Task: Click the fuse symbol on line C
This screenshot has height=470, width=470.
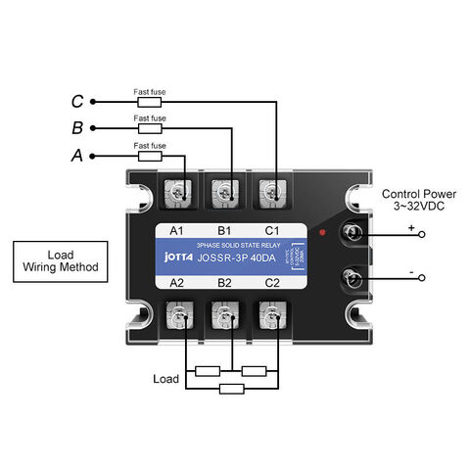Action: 150,101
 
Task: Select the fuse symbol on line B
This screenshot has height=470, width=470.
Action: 150,128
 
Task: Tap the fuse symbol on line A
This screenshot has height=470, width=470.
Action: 150,155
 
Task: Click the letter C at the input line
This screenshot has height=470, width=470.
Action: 77,101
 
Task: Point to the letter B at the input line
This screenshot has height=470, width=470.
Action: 77,128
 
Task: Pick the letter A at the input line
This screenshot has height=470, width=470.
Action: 77,156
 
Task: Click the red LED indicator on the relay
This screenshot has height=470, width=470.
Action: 323,234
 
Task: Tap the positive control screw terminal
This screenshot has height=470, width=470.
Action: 352,234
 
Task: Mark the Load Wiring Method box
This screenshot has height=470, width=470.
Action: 60,260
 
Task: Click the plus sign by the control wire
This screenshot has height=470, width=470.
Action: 411,226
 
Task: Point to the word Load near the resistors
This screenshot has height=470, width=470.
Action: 167,378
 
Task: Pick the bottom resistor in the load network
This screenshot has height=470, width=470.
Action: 232,389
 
